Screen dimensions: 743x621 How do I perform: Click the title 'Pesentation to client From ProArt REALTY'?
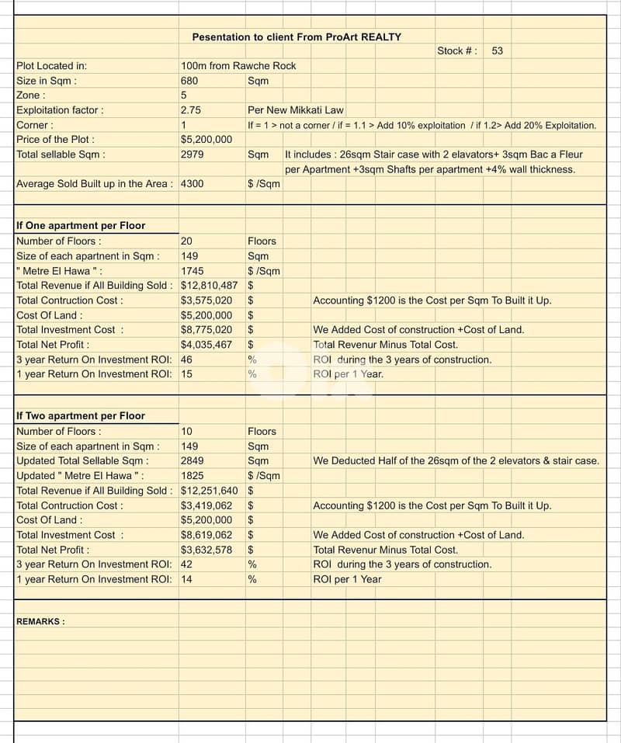(297, 36)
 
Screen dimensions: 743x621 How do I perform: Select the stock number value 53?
(498, 50)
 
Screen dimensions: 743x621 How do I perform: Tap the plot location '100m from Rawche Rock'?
(238, 66)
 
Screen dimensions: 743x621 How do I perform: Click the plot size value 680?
(189, 81)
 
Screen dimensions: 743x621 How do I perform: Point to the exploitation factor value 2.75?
(191, 110)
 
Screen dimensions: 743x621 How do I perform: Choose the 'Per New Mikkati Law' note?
(296, 110)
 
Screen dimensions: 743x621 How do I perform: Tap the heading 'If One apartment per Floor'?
(81, 226)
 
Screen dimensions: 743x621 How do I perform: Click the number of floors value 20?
(186, 241)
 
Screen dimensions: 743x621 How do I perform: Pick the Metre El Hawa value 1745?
(192, 271)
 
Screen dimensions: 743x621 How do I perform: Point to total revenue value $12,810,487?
(209, 286)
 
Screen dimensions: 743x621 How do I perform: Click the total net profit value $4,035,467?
(206, 345)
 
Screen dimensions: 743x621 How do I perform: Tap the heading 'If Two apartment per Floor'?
(81, 416)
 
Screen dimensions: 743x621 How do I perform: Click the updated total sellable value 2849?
(192, 461)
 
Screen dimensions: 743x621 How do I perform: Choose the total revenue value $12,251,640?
(209, 491)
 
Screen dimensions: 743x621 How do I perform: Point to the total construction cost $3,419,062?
(206, 505)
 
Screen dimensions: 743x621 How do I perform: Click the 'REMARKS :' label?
(40, 622)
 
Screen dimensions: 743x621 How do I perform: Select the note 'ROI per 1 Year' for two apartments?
(347, 579)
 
